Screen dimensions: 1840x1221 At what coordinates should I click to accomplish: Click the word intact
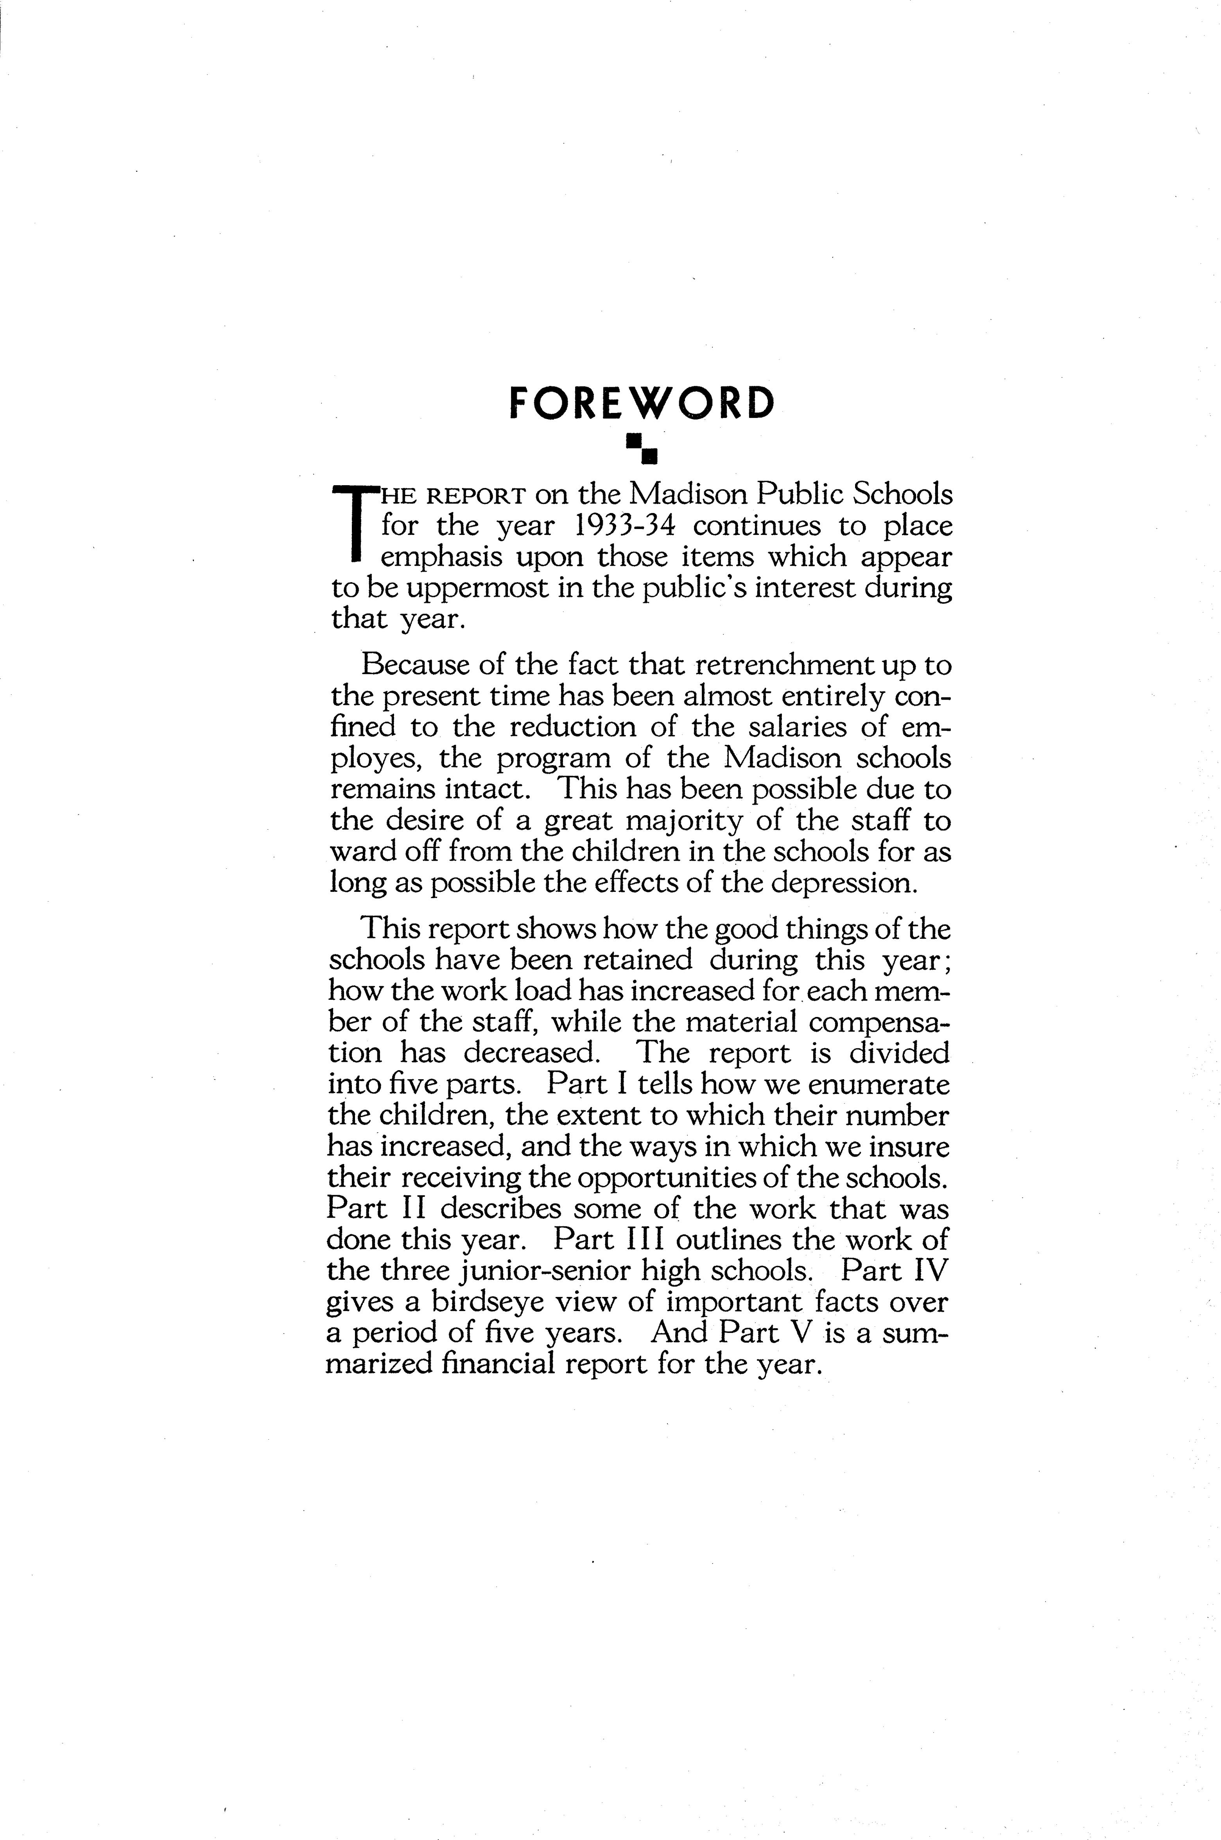[491, 789]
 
